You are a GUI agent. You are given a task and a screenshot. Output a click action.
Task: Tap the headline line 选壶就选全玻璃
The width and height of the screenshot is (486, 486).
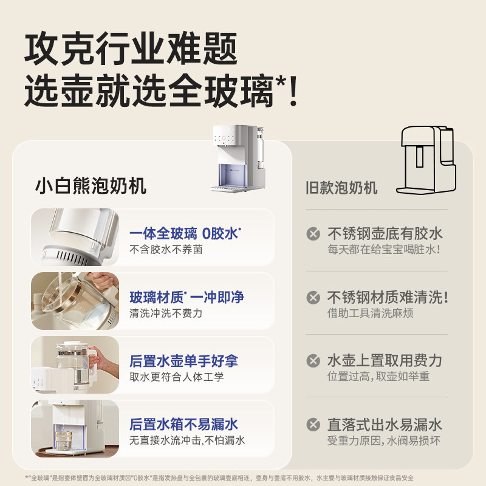(161, 92)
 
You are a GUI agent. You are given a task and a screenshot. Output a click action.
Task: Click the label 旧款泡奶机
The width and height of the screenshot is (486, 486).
(341, 187)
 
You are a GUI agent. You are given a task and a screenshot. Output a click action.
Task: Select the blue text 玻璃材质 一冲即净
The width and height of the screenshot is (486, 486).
(187, 297)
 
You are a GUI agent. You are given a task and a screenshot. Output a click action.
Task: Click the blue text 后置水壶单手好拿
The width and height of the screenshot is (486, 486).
(183, 361)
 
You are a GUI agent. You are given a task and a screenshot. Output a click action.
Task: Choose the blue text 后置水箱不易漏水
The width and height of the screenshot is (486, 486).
(183, 424)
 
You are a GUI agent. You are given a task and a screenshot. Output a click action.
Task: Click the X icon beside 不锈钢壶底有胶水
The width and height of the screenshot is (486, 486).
(313, 234)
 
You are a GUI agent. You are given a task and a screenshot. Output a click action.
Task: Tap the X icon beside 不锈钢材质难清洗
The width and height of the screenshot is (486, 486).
(313, 298)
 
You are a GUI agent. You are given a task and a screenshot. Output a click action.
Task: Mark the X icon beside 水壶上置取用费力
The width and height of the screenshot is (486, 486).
(313, 361)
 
